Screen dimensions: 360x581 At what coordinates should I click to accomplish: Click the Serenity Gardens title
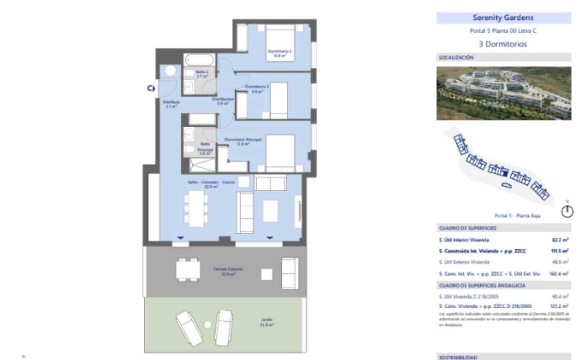pos(503,18)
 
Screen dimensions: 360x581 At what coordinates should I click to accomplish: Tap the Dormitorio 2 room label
pos(280,53)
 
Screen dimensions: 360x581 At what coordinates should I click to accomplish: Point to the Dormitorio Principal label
pos(243,141)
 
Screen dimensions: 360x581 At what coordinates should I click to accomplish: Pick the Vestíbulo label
pos(171,104)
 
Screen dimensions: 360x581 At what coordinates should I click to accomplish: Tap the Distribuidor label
pos(223,101)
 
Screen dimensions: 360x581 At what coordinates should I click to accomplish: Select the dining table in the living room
pos(196,209)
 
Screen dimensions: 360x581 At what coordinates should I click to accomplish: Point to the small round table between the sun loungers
pos(208,324)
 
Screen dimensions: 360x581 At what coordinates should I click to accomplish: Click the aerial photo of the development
pos(504,93)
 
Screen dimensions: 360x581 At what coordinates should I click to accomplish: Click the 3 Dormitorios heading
pos(503,44)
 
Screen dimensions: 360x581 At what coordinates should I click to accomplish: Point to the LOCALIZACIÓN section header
pos(456,58)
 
